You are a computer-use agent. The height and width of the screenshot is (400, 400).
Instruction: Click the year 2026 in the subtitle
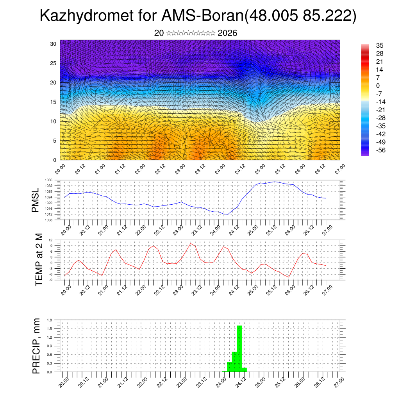coord(227,33)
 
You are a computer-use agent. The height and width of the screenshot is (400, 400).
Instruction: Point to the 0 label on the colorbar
coord(378,86)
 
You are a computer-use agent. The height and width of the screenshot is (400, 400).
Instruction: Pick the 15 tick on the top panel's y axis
coord(54,102)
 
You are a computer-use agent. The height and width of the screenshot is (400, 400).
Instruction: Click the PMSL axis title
coord(36,200)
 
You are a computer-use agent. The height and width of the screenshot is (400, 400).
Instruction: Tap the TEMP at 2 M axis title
coord(38,260)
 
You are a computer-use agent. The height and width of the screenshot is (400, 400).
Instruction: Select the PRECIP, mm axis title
coord(36,346)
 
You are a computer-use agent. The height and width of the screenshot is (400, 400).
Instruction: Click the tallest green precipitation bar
coord(239,348)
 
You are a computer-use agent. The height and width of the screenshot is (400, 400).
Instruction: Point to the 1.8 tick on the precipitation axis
coord(49,320)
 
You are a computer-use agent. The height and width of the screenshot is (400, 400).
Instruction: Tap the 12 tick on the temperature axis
coord(50,240)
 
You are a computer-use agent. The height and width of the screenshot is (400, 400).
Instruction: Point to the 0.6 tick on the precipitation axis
coord(49,355)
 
